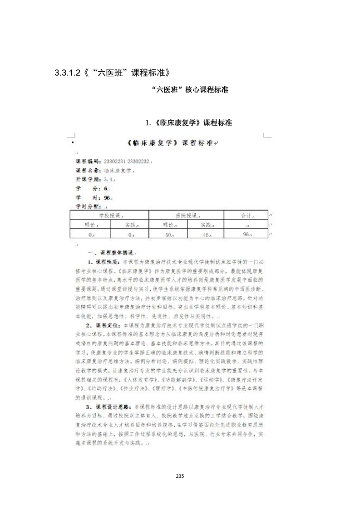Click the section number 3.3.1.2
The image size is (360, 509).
pyautogui.click(x=67, y=73)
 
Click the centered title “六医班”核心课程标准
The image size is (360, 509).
pyautogui.click(x=191, y=90)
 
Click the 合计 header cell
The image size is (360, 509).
pyautogui.click(x=247, y=215)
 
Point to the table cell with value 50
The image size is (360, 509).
pyautogui.click(x=170, y=234)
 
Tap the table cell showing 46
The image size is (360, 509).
pyautogui.click(x=207, y=234)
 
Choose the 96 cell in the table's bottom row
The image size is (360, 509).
pyautogui.click(x=247, y=234)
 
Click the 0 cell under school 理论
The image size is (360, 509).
pyautogui.click(x=91, y=234)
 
